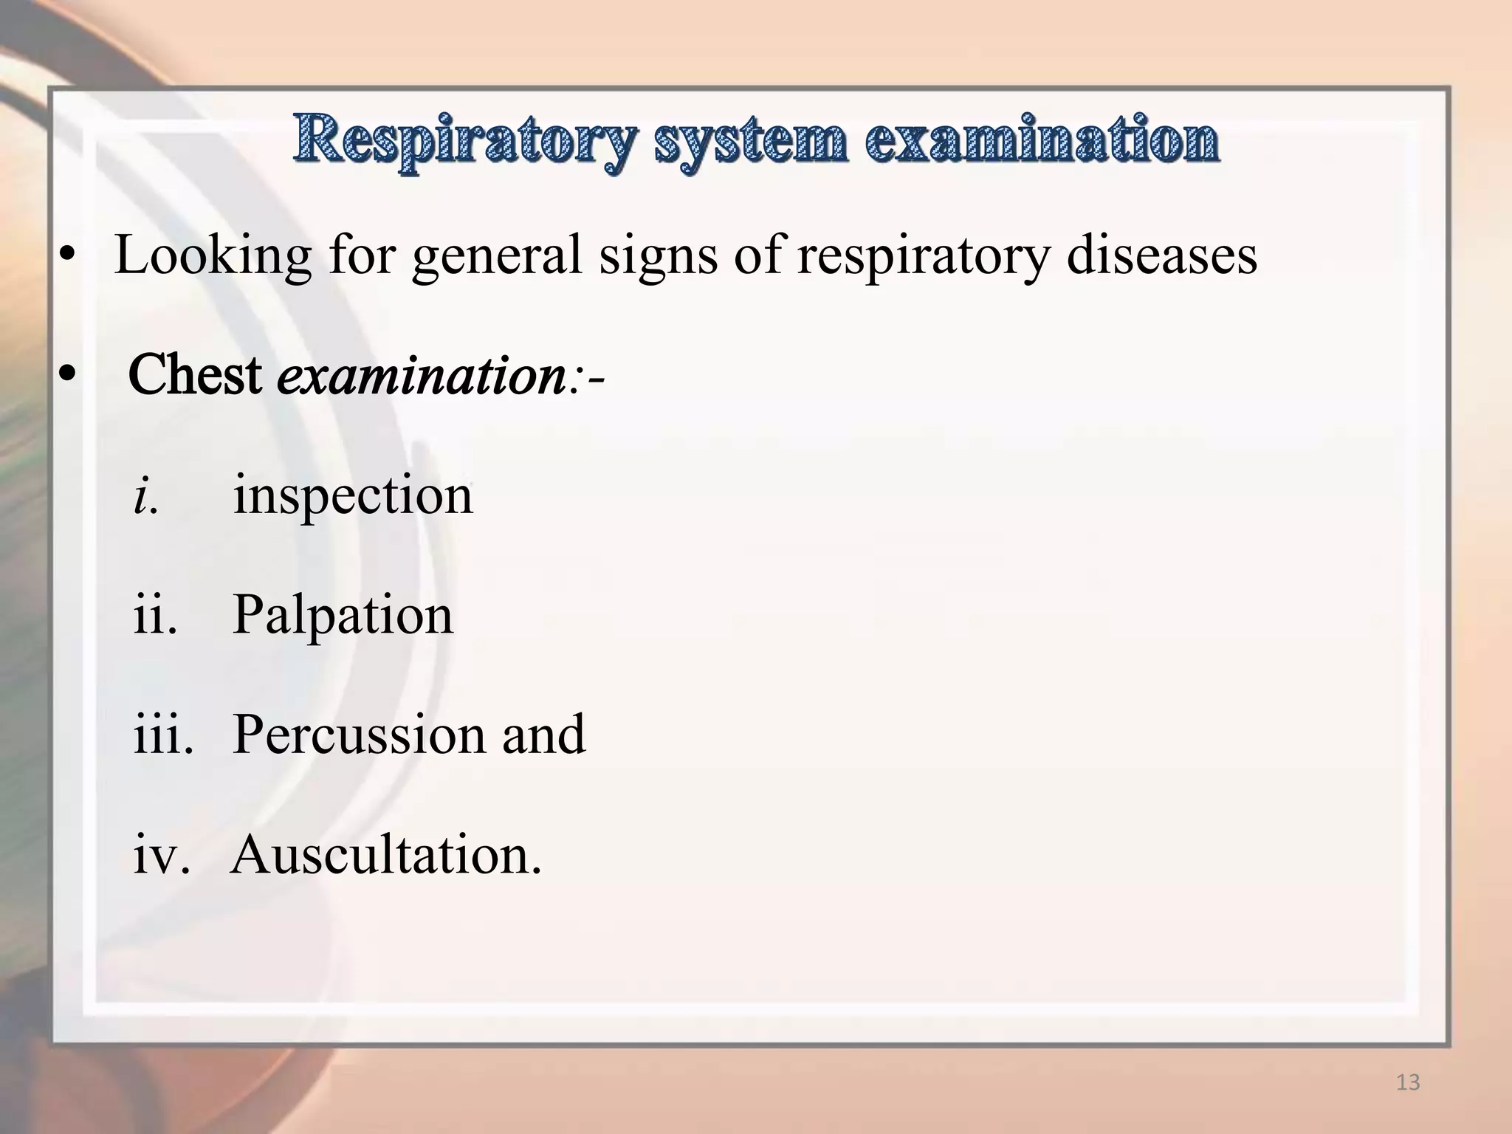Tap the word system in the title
coord(749,140)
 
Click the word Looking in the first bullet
coord(213,255)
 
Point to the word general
coord(497,255)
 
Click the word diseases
coord(1162,255)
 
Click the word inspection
coord(353,495)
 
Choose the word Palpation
coord(343,614)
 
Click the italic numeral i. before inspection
coord(145,495)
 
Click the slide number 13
coord(1408,1083)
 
